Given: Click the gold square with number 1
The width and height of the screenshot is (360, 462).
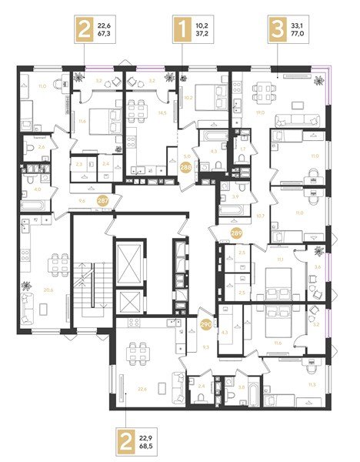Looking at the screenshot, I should click(x=183, y=32).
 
